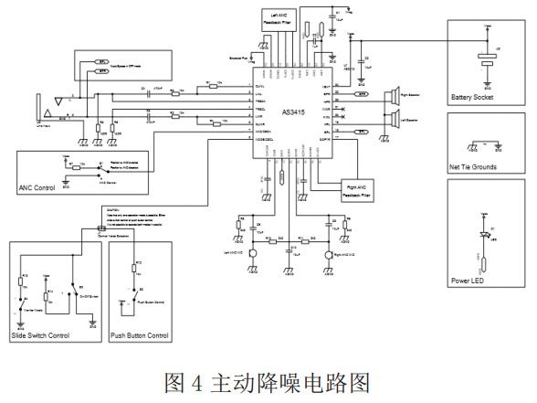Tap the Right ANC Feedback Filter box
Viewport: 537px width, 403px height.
point(357,191)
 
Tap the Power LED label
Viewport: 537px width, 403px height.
point(467,281)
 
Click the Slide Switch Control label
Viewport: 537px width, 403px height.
point(42,335)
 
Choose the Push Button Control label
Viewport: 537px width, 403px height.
point(139,335)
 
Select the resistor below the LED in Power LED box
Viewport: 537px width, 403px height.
point(484,266)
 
